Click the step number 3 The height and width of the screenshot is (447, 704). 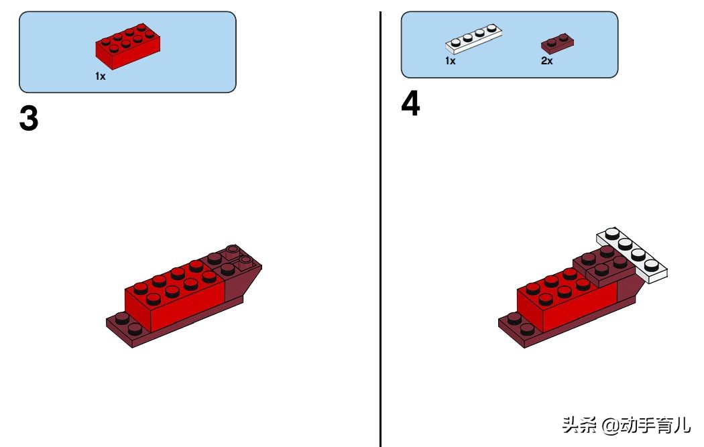pos(29,118)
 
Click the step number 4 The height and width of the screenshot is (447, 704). pos(410,103)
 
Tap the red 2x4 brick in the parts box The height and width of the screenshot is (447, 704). pos(127,46)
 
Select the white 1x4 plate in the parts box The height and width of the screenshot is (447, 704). pos(473,38)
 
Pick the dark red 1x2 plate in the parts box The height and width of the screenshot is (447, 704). pos(557,43)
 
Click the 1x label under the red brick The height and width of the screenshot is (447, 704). pos(100,76)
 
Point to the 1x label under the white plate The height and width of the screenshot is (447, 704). pos(451,60)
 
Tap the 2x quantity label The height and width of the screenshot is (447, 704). pos(547,60)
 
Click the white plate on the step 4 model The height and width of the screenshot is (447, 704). pos(632,255)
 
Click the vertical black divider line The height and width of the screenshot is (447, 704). pos(381,229)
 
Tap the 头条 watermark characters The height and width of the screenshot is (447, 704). pos(579,425)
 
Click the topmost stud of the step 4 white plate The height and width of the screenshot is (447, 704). pos(611,233)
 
